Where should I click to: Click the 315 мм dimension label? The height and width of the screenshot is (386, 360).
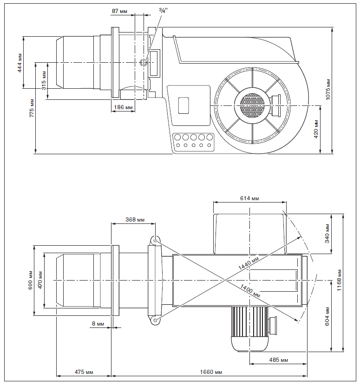44,79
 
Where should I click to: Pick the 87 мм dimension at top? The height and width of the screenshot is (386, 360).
119,10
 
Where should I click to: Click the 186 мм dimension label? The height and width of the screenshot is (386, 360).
123,107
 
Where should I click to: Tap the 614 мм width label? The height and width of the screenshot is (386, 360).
249,198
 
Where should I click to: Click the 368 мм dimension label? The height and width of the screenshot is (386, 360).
135,220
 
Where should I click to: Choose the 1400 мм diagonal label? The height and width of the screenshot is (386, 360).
250,290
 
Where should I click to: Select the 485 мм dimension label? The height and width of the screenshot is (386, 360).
278,360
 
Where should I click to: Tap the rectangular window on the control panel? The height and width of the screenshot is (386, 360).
184,105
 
